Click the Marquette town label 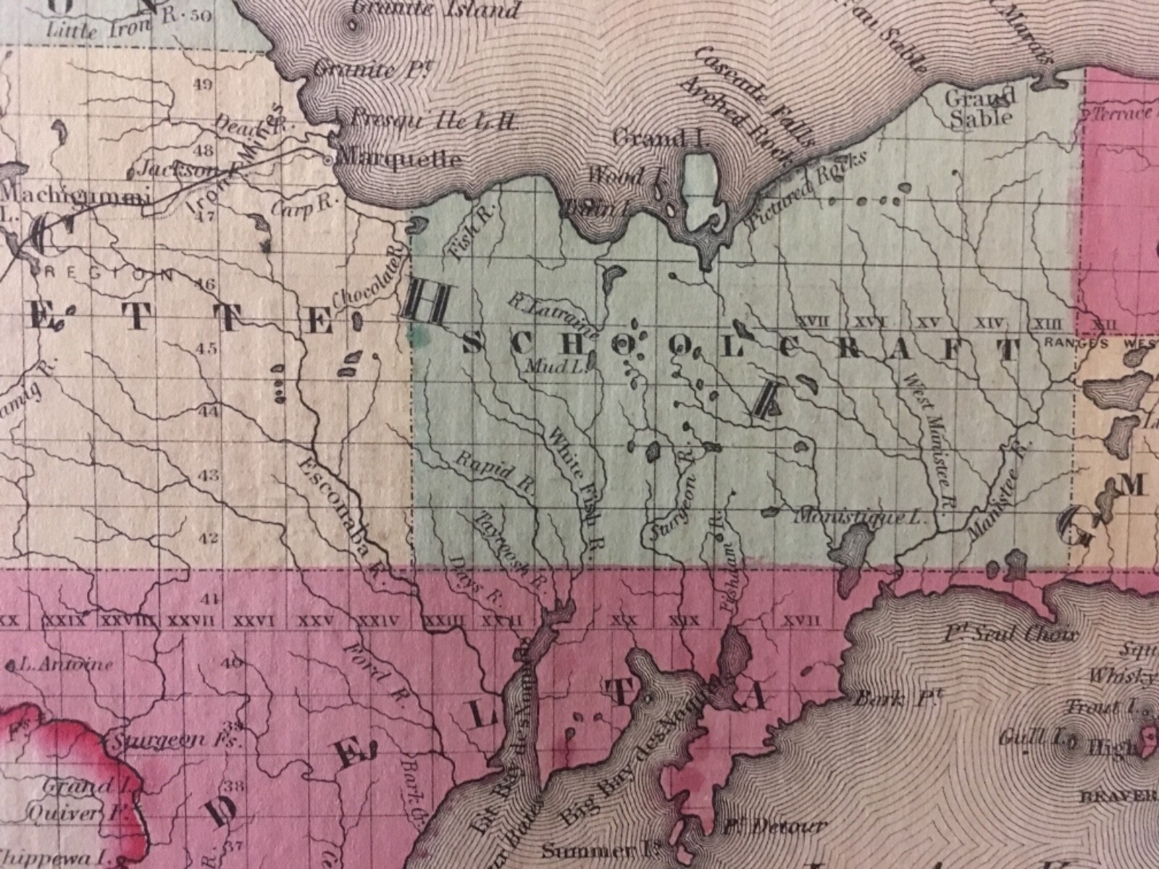pyautogui.click(x=399, y=158)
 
